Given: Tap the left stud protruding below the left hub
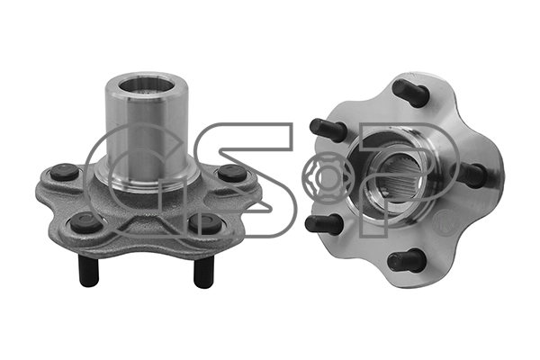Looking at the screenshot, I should coord(90,270).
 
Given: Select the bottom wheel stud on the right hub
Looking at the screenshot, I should coord(405,261).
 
